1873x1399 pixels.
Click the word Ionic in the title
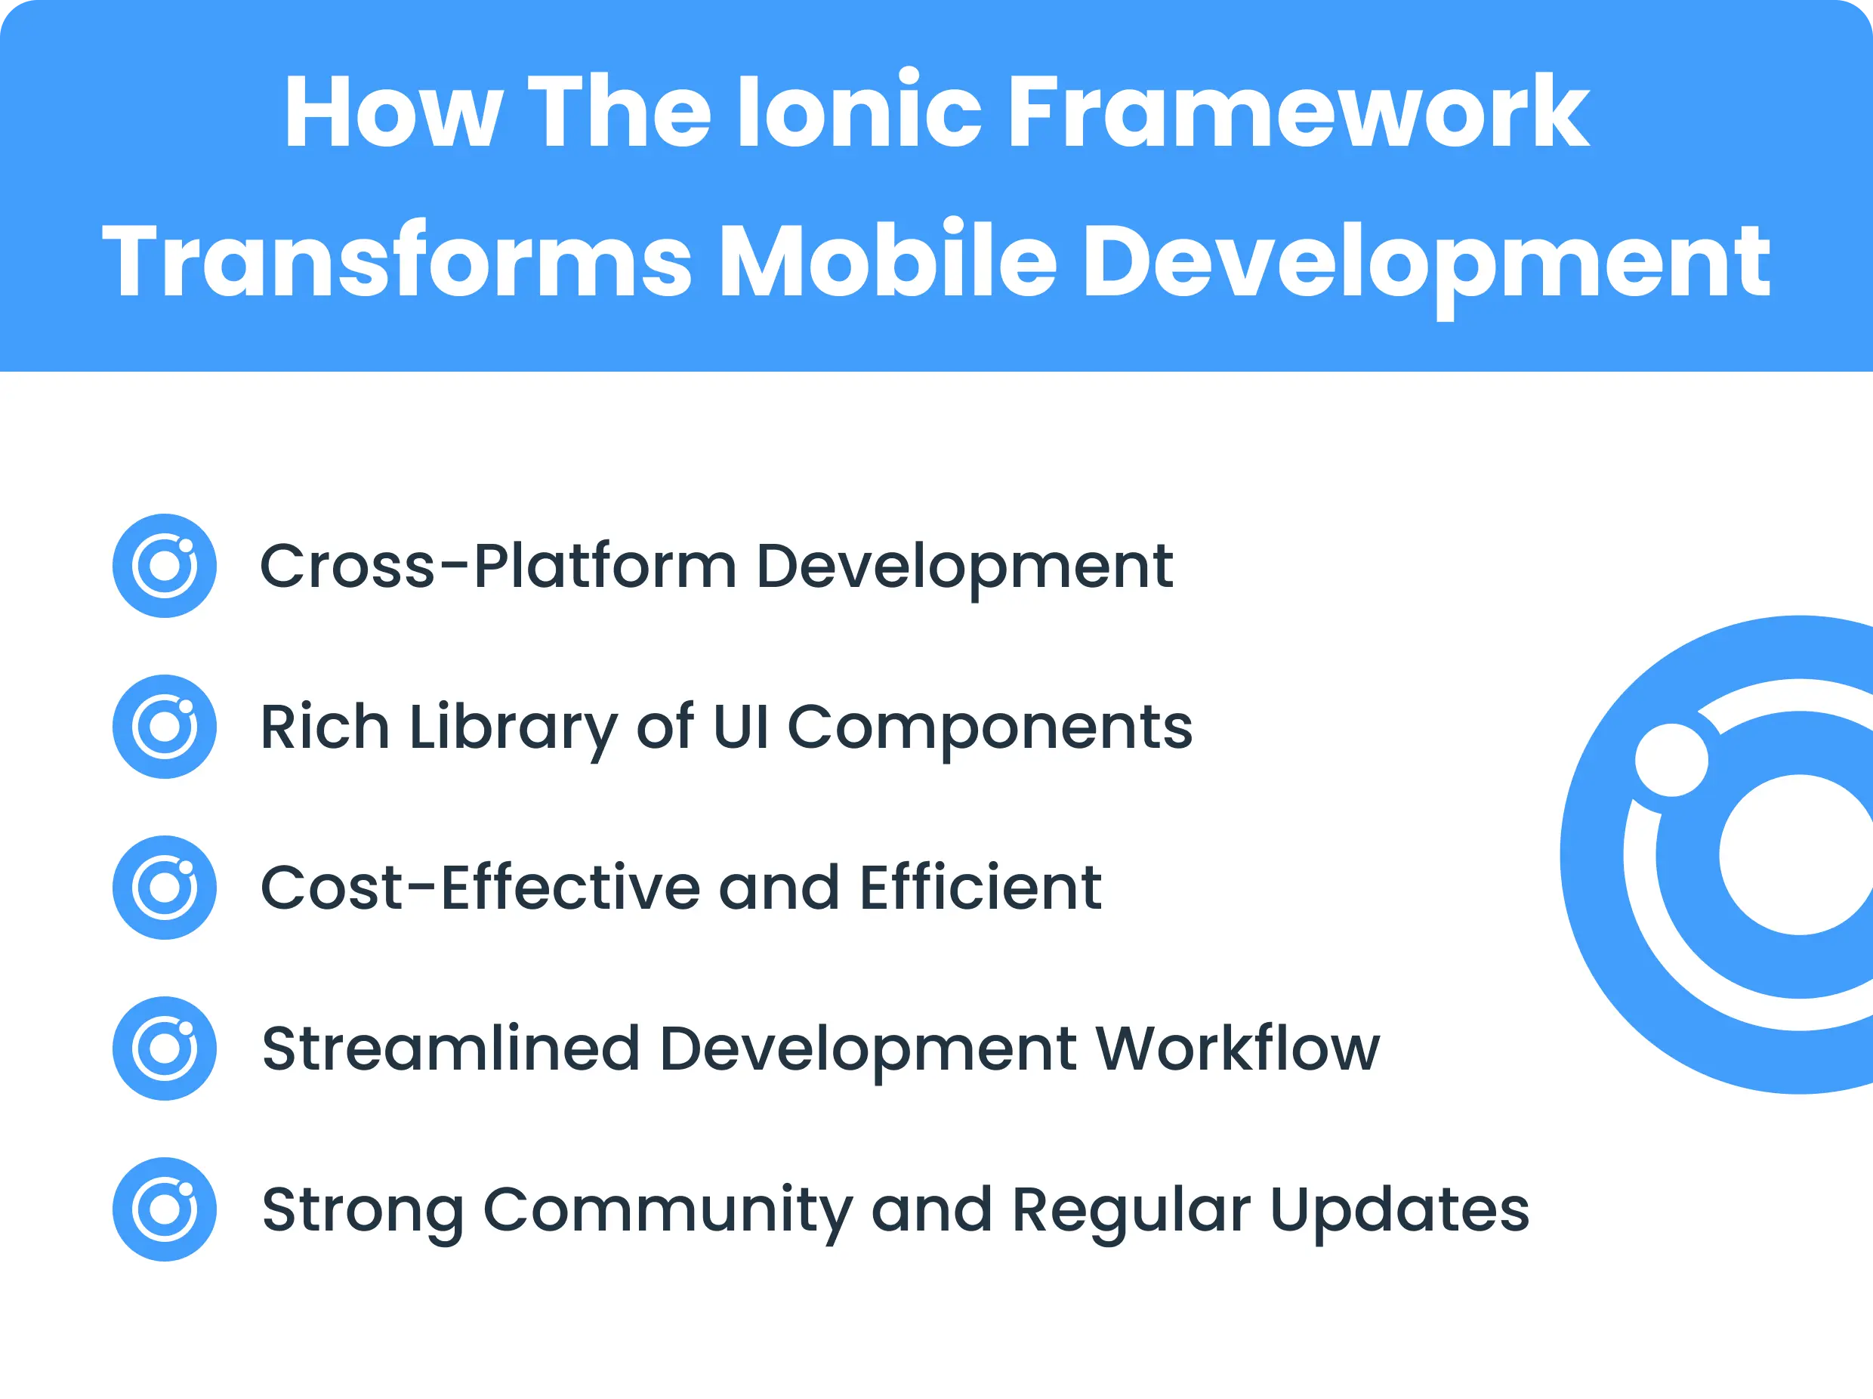tap(859, 113)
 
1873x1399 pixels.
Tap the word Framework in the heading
tap(1298, 113)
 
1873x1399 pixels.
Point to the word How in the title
tap(393, 113)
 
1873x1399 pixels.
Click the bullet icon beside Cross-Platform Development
tap(165, 566)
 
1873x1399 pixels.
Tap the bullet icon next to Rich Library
tap(165, 727)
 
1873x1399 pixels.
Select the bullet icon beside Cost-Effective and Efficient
tap(165, 888)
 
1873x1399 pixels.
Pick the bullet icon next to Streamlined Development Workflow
tap(165, 1048)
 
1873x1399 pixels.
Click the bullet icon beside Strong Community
tap(165, 1209)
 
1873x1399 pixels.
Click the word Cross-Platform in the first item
tap(496, 566)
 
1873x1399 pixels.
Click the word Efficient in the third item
tap(980, 888)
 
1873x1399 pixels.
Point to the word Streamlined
tap(449, 1048)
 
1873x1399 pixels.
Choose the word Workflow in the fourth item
tap(1237, 1048)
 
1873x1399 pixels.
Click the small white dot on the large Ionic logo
tap(1671, 760)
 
